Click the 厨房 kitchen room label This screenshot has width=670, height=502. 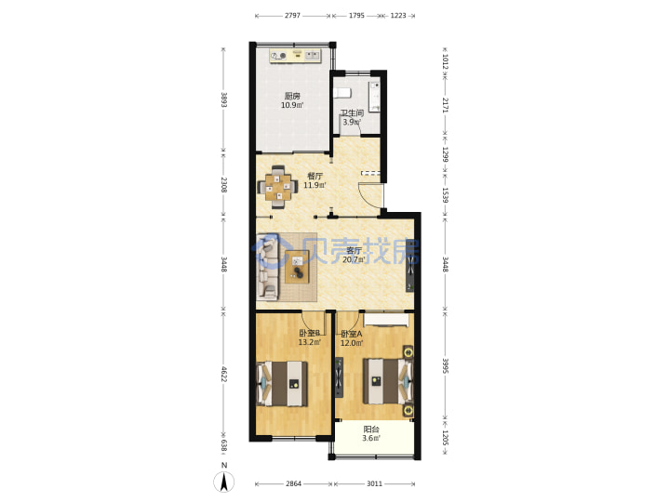click(x=292, y=96)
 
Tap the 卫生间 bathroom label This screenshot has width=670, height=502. click(x=352, y=113)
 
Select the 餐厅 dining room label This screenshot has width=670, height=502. click(x=315, y=176)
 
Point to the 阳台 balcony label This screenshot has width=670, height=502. click(x=371, y=429)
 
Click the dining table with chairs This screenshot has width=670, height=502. click(x=277, y=187)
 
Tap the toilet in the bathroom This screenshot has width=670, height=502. click(x=342, y=93)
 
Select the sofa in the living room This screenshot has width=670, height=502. click(x=267, y=267)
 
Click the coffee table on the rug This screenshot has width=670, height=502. click(x=297, y=267)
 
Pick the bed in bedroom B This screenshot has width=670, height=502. click(x=282, y=383)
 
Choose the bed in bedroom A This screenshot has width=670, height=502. click(x=388, y=381)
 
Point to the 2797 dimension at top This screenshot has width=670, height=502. click(x=293, y=16)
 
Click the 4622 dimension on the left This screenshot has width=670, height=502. click(x=223, y=373)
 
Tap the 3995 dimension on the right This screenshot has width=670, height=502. click(x=445, y=366)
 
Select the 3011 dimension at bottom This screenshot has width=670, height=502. click(x=374, y=483)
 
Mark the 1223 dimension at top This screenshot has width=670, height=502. click(x=398, y=16)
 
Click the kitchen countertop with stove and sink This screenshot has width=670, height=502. click(x=295, y=56)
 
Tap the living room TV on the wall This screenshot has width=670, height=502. click(x=410, y=266)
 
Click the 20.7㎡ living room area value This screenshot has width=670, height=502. click(x=354, y=259)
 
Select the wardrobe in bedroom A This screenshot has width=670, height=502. click(x=385, y=320)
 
